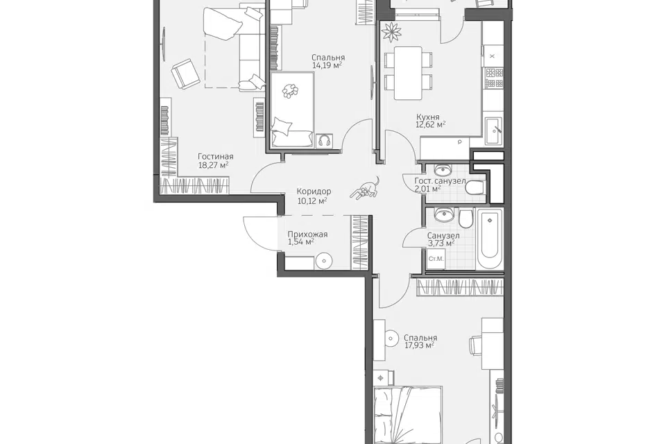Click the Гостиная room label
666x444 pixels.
215,156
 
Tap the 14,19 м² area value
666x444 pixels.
327,65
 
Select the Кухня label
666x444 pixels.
428,117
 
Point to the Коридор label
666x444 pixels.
314,191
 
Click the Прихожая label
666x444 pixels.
307,234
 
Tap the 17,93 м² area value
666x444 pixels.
419,345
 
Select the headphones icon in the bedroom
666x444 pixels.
324,141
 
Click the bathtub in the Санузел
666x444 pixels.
490,239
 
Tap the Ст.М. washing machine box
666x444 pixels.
436,258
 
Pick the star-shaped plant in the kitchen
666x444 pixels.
391,31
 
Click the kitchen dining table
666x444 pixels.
408,73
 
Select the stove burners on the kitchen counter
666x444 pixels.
495,78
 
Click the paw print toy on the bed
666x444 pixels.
290,90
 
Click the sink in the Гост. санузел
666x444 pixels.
444,169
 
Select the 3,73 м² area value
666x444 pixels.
441,243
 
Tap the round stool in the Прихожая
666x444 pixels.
323,260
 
